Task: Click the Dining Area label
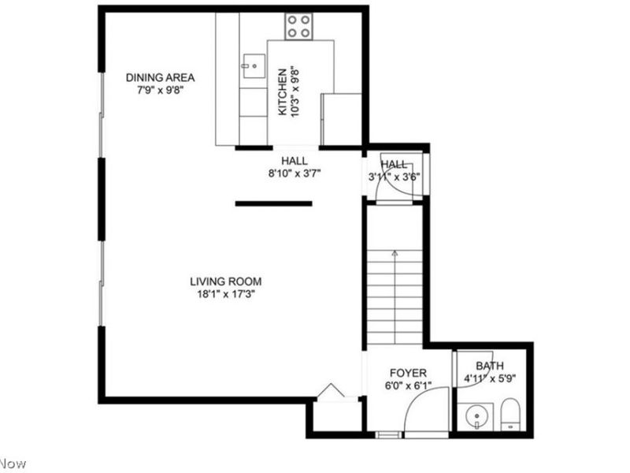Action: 160,77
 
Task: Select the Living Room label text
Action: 225,281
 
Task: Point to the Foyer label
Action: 408,373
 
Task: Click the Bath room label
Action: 489,366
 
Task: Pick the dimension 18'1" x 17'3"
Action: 225,295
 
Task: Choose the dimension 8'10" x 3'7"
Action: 295,173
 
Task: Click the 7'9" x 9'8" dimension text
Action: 160,90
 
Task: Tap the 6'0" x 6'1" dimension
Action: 408,386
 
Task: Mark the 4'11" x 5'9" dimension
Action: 489,378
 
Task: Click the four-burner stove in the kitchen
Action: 298,27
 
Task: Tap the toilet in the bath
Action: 510,415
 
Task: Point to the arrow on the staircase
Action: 395,254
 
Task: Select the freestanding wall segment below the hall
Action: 273,203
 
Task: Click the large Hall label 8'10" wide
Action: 295,161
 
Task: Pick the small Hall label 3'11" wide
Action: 394,164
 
